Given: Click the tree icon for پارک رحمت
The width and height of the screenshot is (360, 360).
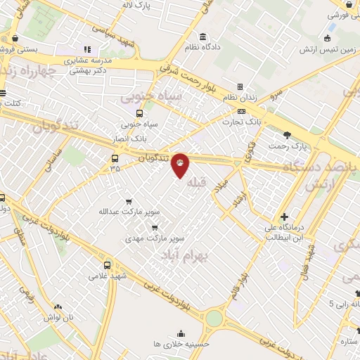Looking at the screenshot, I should [287, 135].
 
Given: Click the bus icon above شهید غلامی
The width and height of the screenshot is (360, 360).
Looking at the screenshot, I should [107, 265].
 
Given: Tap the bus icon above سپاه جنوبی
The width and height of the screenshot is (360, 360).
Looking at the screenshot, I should [139, 112].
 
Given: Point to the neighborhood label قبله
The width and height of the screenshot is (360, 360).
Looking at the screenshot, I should [199, 184].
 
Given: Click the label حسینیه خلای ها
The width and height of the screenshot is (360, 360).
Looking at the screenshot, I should [181, 345].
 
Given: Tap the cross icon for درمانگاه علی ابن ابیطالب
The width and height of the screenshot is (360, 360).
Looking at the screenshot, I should [284, 217].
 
